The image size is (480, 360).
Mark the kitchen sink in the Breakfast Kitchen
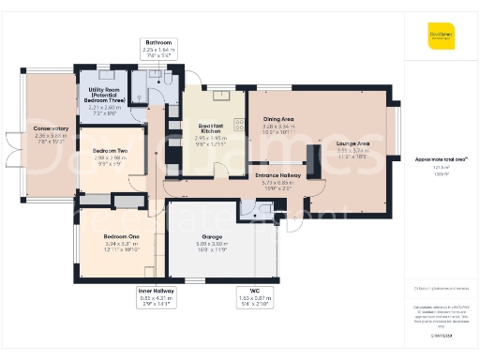pyautogui.click(x=223, y=94)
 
